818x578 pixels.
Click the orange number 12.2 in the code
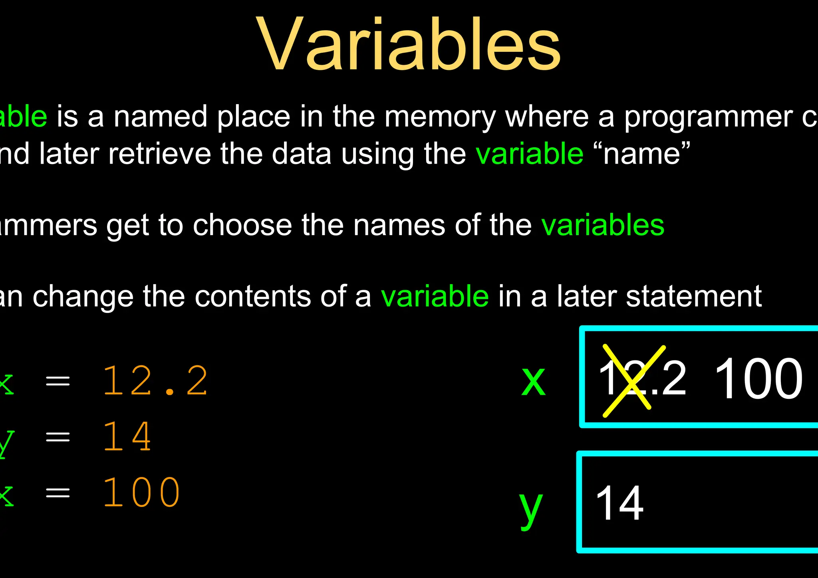(x=155, y=381)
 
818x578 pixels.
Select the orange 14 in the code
(x=127, y=437)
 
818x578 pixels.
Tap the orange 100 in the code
(x=141, y=493)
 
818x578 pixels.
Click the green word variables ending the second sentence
(x=603, y=225)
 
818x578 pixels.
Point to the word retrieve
(x=160, y=154)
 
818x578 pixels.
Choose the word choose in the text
(x=242, y=225)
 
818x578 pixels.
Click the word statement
(x=693, y=296)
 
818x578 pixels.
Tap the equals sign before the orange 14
(x=58, y=437)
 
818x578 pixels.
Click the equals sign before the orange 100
(x=58, y=493)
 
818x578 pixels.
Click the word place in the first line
(x=254, y=117)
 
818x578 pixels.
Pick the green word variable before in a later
(x=435, y=296)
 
